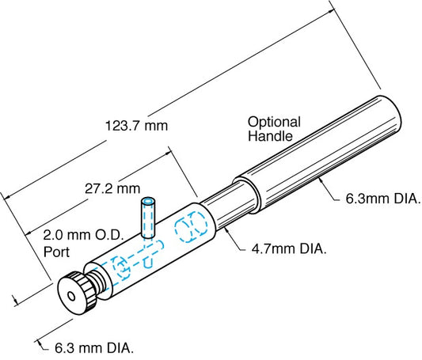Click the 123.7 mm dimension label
coord(135,125)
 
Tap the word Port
coord(57,252)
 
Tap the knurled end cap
coord(79,291)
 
